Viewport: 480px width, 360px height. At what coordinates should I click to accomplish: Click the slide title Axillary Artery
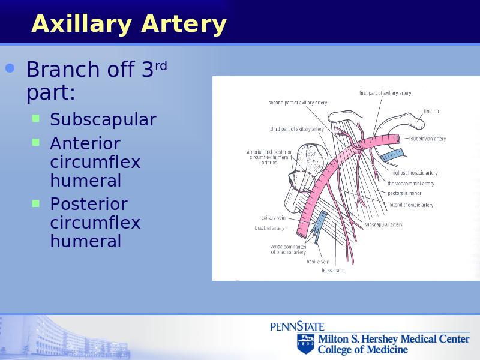[x=128, y=24]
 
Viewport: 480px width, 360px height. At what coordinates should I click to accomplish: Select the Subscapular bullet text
[x=103, y=119]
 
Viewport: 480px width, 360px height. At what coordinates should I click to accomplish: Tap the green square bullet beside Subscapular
[x=36, y=118]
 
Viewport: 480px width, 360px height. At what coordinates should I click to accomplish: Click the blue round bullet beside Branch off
[x=10, y=68]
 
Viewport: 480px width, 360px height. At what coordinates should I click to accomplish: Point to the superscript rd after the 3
[x=161, y=66]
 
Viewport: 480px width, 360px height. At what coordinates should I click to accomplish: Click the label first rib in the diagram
[x=431, y=112]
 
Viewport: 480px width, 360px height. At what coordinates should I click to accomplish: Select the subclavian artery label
[x=428, y=139]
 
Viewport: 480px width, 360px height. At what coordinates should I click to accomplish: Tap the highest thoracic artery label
[x=415, y=173]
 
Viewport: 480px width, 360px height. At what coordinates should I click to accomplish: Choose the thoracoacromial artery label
[x=411, y=184]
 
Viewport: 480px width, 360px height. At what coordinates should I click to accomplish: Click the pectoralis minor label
[x=404, y=193]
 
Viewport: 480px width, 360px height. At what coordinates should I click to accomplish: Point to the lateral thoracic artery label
[x=412, y=205]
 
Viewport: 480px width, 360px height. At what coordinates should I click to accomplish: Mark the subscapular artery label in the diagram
[x=383, y=224]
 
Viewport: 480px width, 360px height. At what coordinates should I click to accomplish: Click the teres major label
[x=333, y=271]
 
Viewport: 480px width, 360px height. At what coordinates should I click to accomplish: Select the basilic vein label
[x=318, y=262]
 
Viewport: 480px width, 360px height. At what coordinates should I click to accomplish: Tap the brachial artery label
[x=269, y=228]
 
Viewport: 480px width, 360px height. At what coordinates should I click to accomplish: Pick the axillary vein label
[x=273, y=218]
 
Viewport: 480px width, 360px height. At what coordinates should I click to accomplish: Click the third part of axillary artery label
[x=297, y=129]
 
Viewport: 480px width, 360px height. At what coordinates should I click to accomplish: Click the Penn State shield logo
[x=305, y=344]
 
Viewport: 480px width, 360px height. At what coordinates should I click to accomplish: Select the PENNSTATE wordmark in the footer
[x=297, y=326]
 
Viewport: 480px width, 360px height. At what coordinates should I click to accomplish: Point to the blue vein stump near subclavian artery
[x=392, y=155]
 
